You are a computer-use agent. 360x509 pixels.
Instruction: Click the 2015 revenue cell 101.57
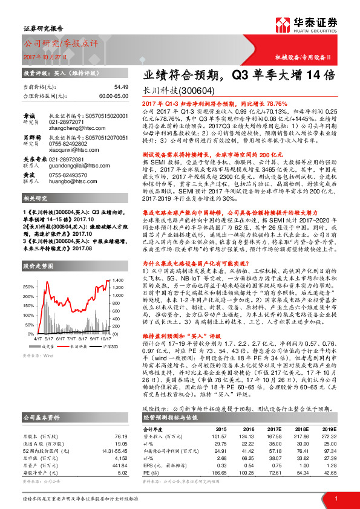[x=218, y=436]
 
